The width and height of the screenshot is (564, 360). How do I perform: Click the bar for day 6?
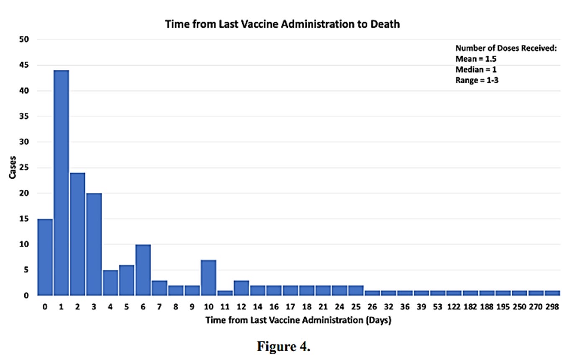(143, 270)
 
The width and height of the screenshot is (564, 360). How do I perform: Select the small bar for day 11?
(225, 293)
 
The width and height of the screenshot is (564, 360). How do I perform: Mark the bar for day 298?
(552, 293)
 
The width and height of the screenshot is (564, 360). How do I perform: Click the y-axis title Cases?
(13, 167)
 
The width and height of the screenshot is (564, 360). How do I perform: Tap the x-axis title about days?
(298, 321)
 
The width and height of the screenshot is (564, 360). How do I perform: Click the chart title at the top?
(282, 24)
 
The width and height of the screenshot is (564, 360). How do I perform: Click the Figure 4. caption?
(283, 347)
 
